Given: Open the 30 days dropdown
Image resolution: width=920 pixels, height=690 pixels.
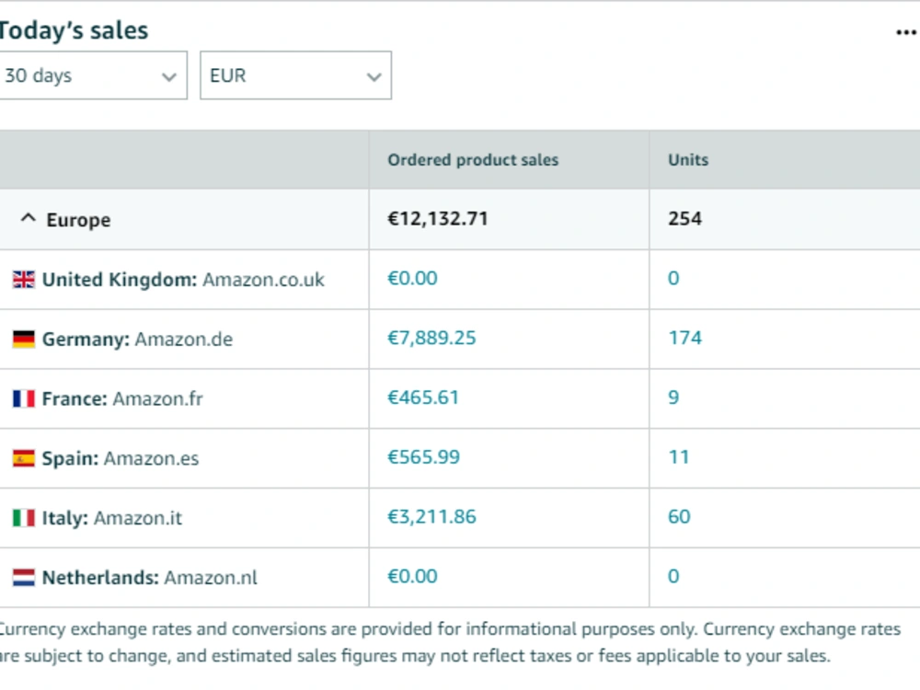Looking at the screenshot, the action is (x=93, y=75).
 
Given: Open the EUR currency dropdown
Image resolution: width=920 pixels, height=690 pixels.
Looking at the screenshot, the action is (x=295, y=75).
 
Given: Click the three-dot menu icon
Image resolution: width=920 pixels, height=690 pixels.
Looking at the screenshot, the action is (x=906, y=32).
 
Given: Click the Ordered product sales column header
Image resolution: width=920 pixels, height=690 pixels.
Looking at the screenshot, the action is (x=473, y=159).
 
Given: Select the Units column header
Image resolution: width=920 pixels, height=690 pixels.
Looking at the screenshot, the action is (x=688, y=159).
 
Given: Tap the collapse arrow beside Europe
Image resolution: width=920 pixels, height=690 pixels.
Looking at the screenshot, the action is (x=29, y=218).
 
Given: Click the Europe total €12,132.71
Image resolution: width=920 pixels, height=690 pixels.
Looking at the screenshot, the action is (x=438, y=219).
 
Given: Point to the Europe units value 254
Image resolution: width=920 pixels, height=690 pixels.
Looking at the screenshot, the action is (x=684, y=219).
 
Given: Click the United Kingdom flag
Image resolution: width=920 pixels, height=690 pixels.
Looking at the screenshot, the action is (x=24, y=280).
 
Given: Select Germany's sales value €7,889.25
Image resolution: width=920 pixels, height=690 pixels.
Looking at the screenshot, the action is (x=431, y=338).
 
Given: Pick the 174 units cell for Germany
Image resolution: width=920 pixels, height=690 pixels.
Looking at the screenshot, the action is (x=684, y=338).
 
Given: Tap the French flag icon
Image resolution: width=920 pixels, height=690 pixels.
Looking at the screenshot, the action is (x=24, y=398).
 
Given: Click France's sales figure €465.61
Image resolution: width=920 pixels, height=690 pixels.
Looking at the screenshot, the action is (x=423, y=397).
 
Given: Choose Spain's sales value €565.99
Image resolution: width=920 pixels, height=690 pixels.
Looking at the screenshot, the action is (x=423, y=457).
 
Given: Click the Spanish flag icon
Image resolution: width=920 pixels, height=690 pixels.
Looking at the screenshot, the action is (x=24, y=458).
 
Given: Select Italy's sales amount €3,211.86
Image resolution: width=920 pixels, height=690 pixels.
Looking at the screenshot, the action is (x=431, y=517).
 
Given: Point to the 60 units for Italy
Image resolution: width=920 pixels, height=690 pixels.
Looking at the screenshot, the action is (x=679, y=517).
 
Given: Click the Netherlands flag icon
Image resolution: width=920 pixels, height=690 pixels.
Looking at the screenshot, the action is (x=24, y=578).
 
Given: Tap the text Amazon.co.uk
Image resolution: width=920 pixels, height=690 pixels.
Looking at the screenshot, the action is (x=263, y=280).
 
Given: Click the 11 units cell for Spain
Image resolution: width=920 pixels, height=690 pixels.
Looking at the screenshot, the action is (x=678, y=457).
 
